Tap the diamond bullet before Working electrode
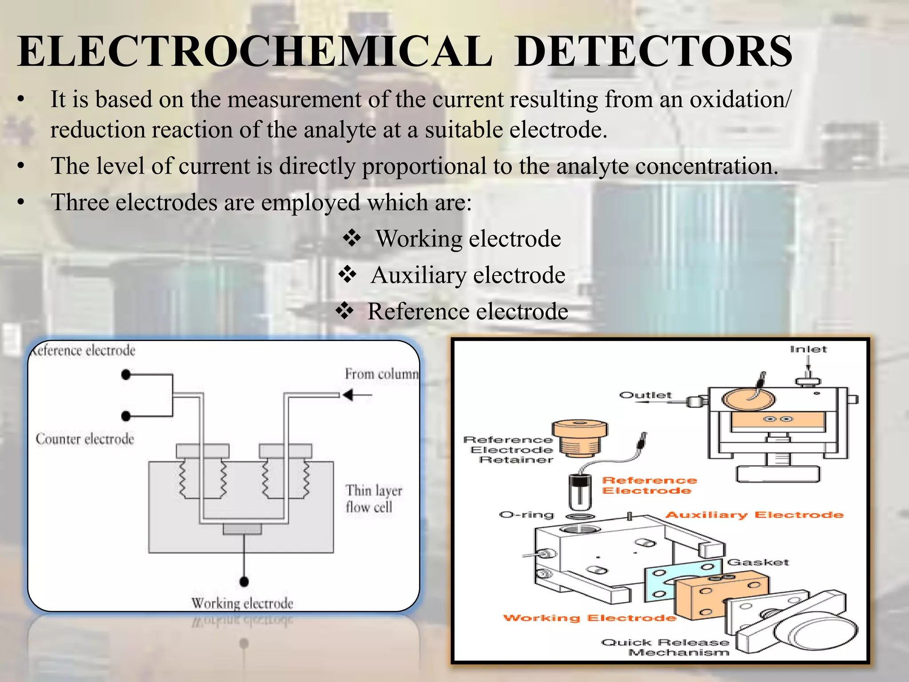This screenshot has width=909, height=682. pos(352,238)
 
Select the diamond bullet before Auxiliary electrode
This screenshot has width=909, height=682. pos(347,274)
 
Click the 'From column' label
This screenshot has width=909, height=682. pos(382,374)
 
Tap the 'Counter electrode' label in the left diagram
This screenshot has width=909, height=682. pos(85,439)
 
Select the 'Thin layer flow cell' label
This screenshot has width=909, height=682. pos(374,499)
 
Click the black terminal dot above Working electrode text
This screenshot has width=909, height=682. pos(244,581)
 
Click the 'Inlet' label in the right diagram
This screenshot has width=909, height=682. pos(808,349)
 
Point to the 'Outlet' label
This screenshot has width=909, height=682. pos(645,395)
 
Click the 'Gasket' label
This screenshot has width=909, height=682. pos(758,562)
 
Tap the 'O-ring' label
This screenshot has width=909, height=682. pos(527,515)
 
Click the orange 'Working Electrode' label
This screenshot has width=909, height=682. pos(589,618)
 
